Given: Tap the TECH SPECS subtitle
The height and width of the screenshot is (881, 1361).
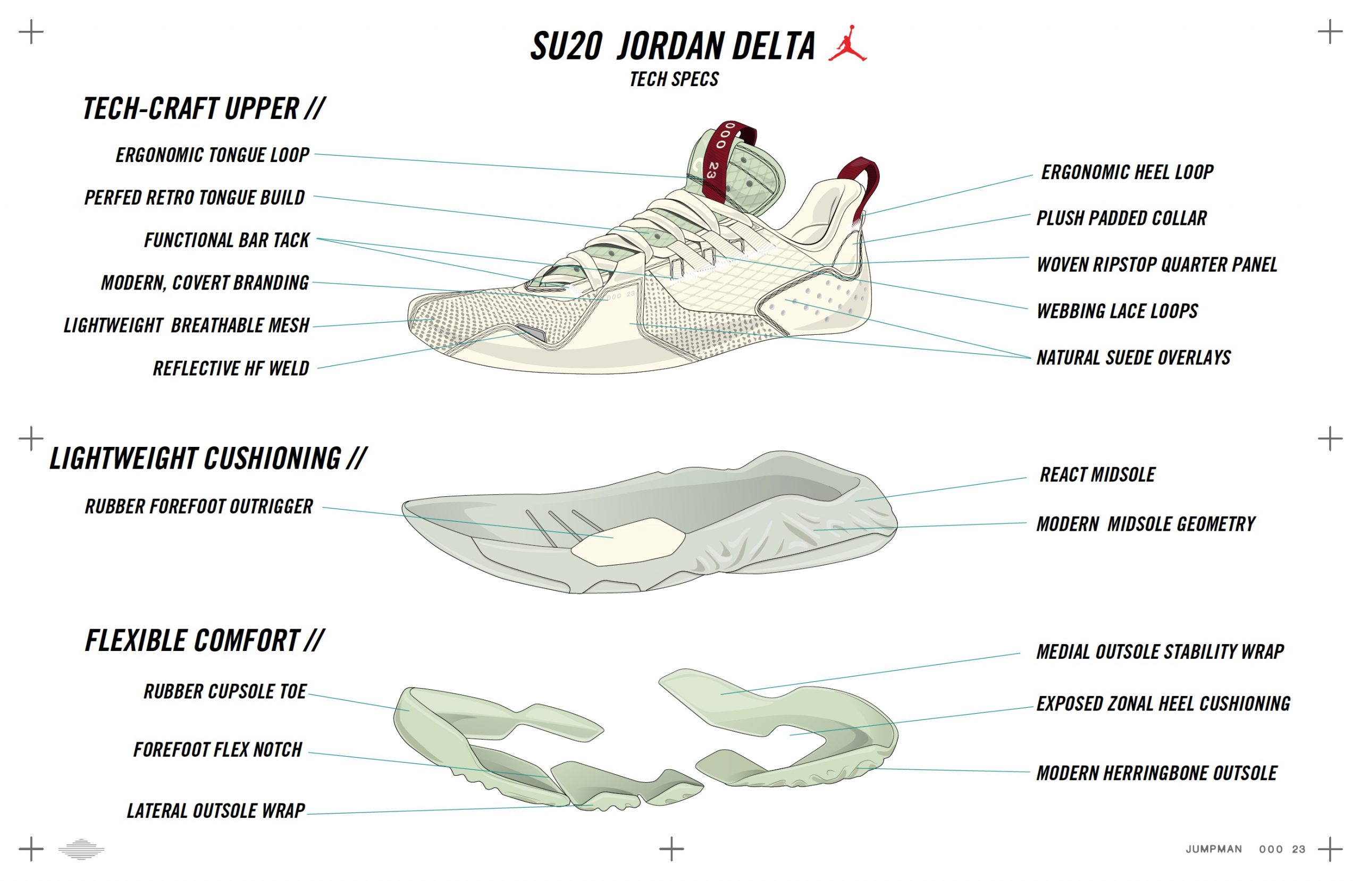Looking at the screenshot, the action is (674, 79).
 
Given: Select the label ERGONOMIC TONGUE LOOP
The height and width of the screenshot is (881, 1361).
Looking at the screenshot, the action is (212, 155).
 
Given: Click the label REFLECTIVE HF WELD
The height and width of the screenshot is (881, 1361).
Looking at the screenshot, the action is (231, 368).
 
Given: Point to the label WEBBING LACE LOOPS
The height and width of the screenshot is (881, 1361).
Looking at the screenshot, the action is (1117, 311).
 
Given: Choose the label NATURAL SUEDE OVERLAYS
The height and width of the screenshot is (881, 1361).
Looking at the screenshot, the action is (1133, 358).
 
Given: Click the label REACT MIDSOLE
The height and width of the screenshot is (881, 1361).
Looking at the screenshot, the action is (1097, 475).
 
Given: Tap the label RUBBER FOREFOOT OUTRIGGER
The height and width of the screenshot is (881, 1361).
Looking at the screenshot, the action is (199, 506).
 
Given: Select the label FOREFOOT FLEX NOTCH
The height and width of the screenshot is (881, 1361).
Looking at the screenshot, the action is (217, 750).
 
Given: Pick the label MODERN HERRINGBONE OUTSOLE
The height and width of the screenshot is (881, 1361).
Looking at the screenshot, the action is (1157, 774).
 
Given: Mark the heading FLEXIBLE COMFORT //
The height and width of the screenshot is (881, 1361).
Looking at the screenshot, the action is (205, 640).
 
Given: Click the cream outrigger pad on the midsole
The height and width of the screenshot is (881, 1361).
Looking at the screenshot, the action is (628, 542).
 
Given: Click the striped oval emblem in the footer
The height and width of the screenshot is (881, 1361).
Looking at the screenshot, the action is (81, 849).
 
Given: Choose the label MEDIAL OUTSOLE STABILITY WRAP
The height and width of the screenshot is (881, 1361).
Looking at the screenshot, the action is (1160, 652).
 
